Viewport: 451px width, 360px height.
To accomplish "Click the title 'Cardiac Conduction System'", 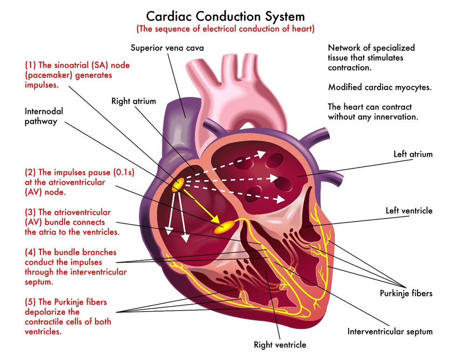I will pos(225,16).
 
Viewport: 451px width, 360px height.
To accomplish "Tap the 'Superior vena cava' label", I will pos(167,47).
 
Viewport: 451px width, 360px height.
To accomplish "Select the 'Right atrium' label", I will pos(134,100).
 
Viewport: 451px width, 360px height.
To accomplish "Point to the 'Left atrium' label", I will pos(413,154).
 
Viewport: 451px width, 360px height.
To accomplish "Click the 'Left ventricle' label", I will pos(409,211).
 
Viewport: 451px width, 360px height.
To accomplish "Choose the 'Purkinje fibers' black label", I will pos(406,293).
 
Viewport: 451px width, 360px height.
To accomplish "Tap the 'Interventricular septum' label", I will pos(390,332).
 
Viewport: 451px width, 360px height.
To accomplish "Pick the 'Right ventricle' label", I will pos(280,345).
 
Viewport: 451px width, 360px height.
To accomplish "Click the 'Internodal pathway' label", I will pos(44,116).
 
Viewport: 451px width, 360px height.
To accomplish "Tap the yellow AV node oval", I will pos(225,227).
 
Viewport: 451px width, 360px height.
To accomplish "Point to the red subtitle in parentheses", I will pos(225,29).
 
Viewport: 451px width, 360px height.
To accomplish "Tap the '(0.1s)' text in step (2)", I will pos(118,172).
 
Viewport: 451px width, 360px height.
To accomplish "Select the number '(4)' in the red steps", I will pos(31,252).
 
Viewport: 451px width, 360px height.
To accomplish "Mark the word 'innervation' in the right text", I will pos(394,116).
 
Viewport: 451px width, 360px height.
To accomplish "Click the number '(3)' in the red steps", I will pos(31,212).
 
